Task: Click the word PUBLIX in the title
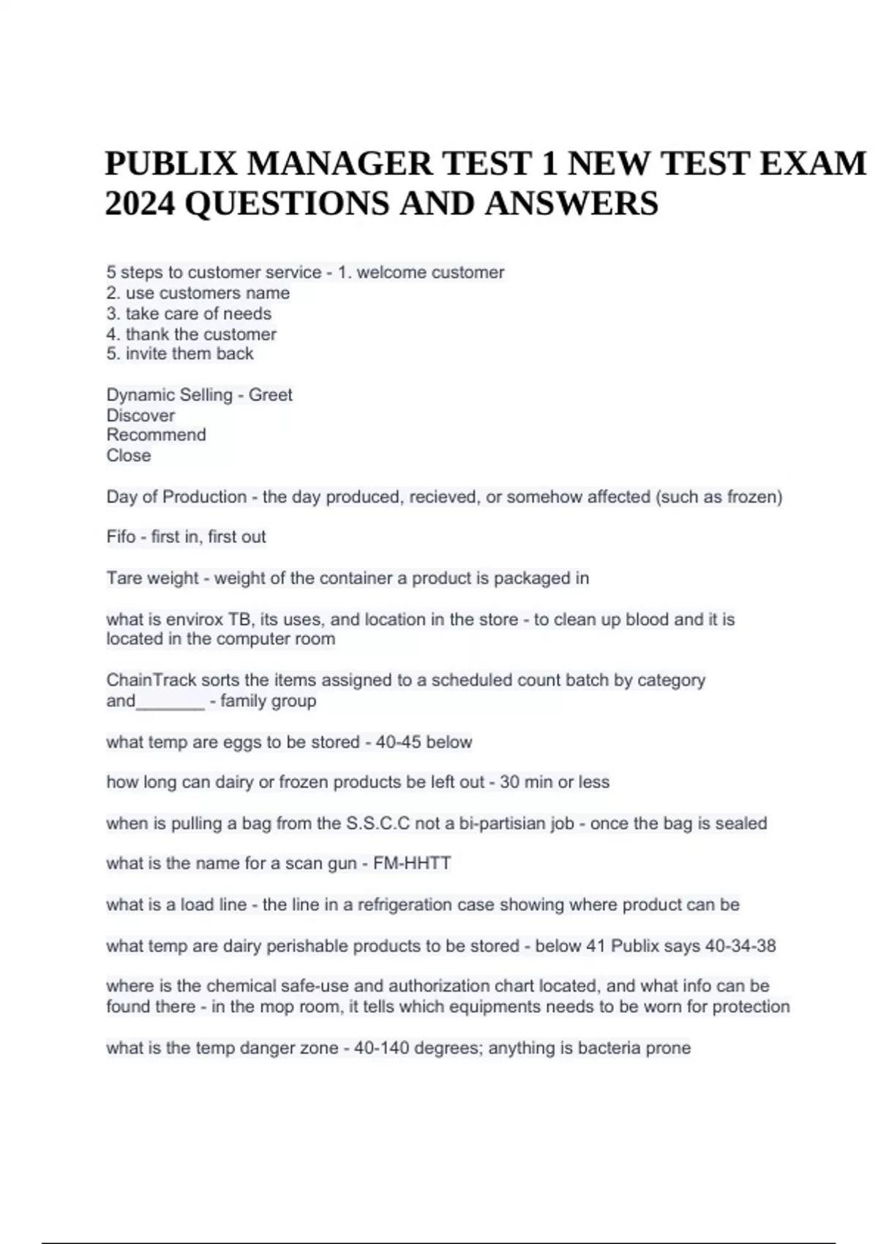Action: [170, 163]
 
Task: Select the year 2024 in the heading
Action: [140, 203]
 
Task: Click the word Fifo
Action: [121, 537]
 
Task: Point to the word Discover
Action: [140, 416]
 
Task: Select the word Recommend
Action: [156, 435]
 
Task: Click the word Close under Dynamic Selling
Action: [129, 455]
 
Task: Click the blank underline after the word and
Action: [170, 702]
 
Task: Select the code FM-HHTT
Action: [412, 863]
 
